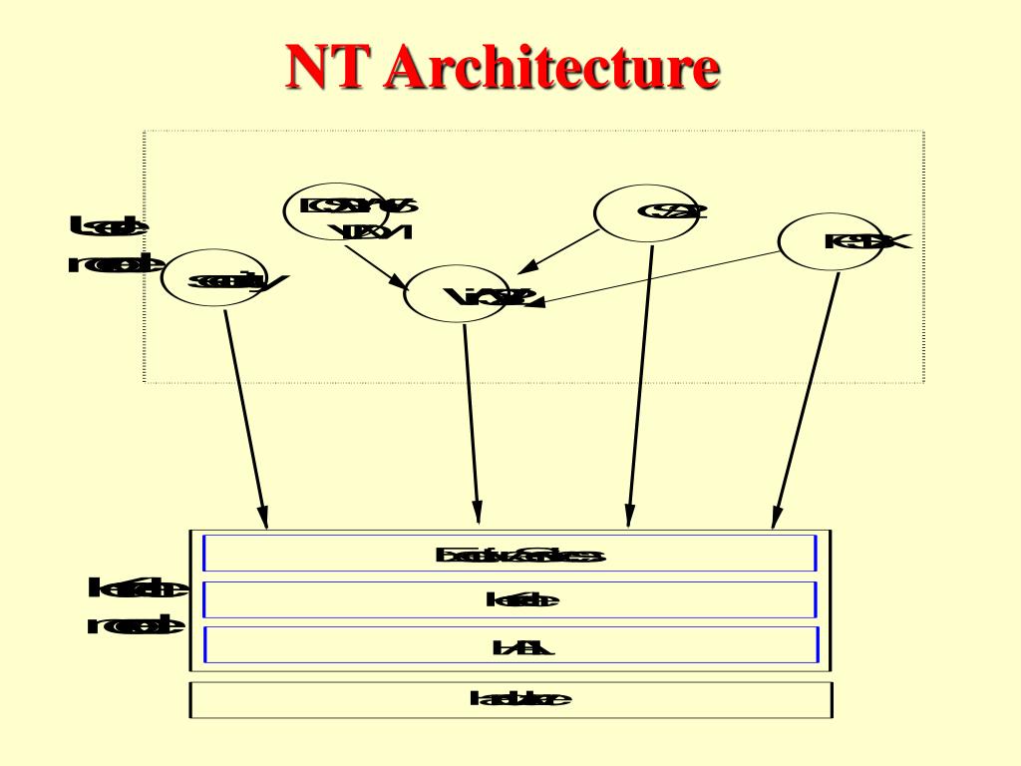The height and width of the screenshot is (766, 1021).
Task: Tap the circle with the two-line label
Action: tap(334, 210)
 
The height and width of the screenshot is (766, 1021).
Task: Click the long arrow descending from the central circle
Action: tap(471, 419)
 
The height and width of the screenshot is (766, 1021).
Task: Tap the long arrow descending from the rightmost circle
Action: tap(806, 399)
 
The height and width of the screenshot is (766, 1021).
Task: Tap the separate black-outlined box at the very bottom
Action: tap(510, 699)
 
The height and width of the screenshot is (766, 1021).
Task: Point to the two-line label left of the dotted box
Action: tap(112, 245)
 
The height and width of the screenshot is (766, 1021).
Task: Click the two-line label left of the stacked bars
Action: tap(137, 606)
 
